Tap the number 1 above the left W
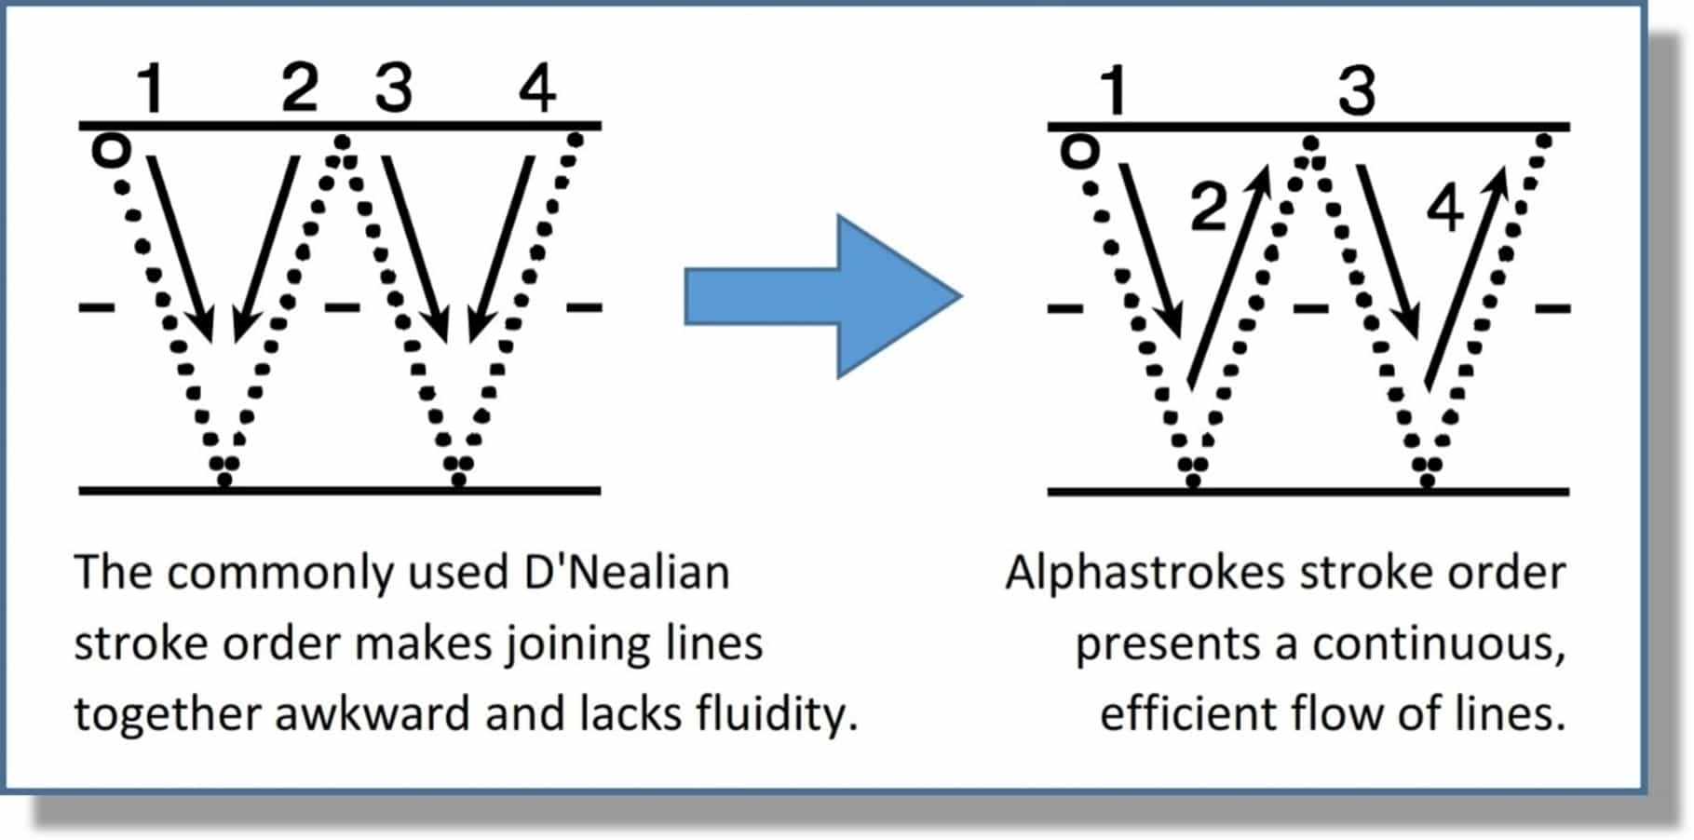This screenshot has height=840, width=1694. [x=150, y=88]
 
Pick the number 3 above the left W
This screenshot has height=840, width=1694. [x=393, y=88]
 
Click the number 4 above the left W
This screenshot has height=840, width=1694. [x=537, y=88]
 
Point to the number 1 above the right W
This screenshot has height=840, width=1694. [x=1113, y=90]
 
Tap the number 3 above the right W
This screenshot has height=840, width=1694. [x=1357, y=90]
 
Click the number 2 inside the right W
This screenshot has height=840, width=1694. [x=1209, y=207]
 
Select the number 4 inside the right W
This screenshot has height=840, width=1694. [x=1445, y=207]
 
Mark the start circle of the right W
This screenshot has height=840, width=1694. [x=1079, y=152]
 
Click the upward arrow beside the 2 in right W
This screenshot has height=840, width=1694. [x=1228, y=275]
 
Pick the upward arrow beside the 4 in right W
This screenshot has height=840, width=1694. [x=1466, y=275]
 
